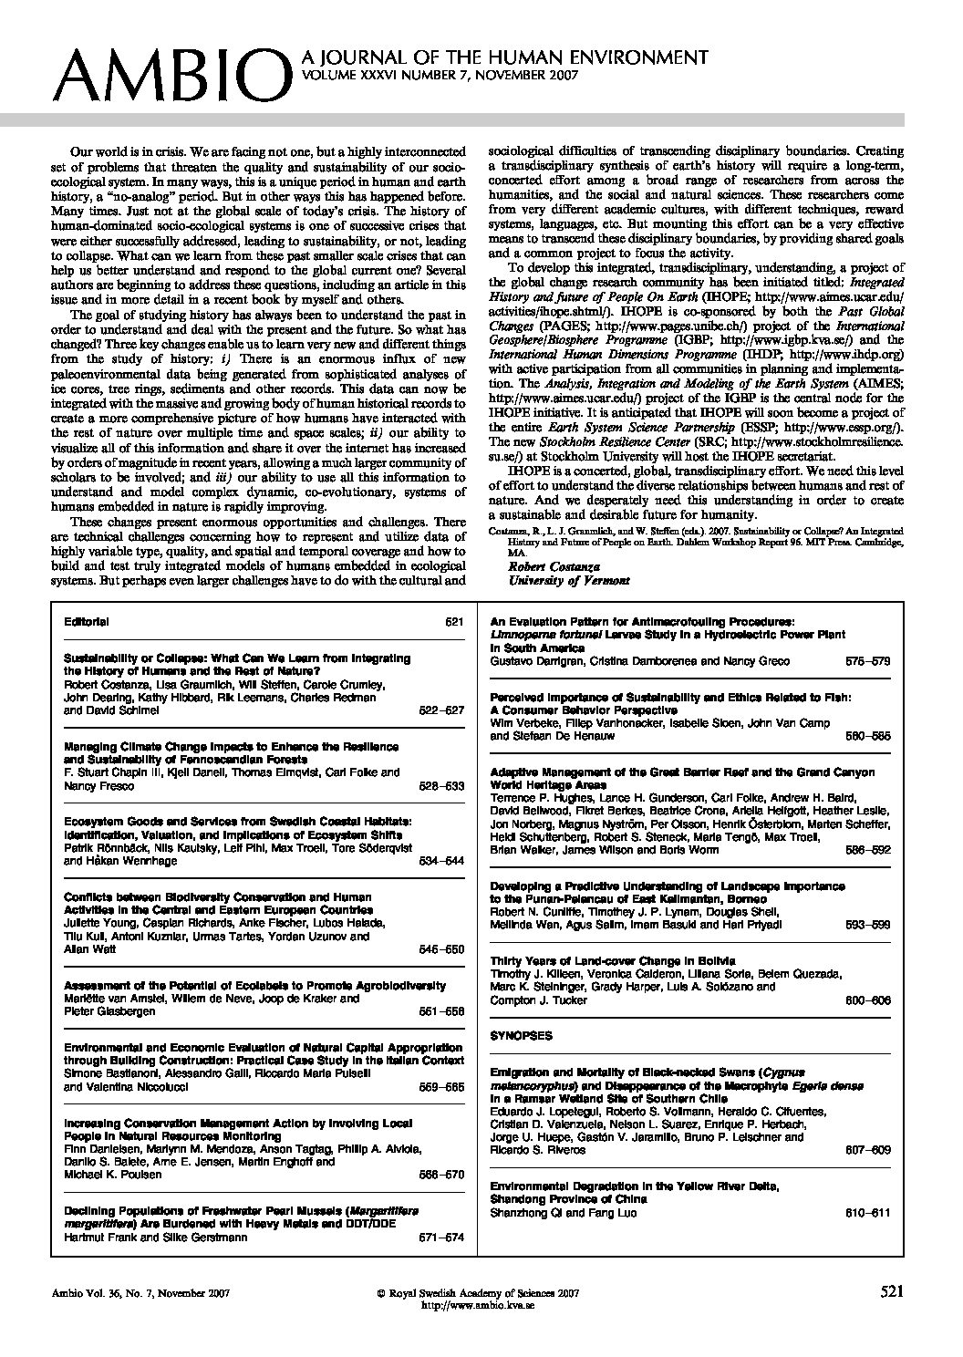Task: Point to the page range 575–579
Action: pos(867,660)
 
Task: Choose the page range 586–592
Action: pos(867,849)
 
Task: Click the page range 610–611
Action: pos(867,1212)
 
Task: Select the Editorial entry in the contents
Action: pos(87,622)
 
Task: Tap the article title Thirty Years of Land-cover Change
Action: pos(593,960)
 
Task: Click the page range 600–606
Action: pos(867,1000)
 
